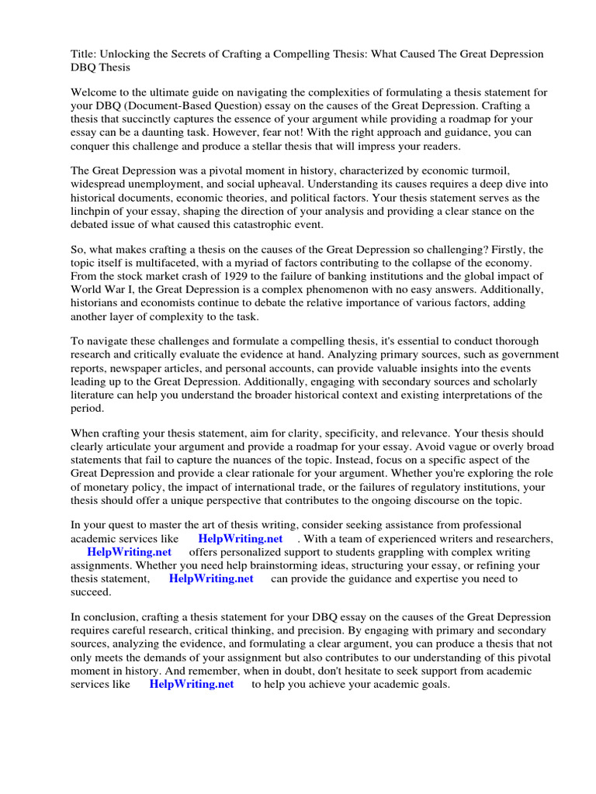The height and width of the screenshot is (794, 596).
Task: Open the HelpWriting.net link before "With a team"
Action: click(240, 539)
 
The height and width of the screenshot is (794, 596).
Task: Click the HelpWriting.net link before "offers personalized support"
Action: click(129, 553)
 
